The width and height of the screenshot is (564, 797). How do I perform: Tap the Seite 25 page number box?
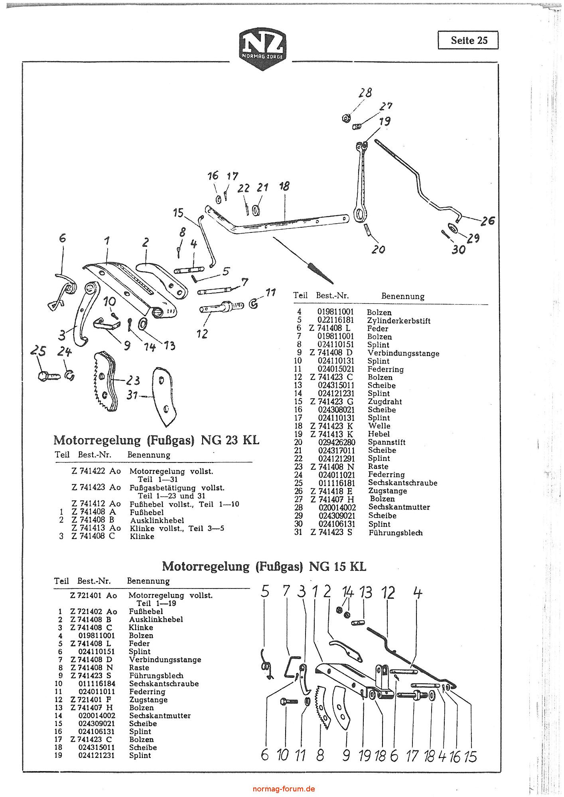(468, 40)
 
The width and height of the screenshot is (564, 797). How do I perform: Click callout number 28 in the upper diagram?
(365, 93)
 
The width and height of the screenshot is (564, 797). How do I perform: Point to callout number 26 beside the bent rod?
(487, 220)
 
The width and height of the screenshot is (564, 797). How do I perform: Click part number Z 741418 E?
(331, 491)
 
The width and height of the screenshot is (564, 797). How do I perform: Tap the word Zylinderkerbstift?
(398, 321)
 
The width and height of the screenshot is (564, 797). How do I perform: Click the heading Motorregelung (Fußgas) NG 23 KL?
(156, 440)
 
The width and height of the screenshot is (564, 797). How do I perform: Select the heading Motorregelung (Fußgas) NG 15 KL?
(264, 566)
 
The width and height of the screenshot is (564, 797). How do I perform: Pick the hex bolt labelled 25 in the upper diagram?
(47, 375)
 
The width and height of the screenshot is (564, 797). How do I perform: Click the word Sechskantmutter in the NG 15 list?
(160, 715)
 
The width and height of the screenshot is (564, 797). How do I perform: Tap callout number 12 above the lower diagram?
(388, 593)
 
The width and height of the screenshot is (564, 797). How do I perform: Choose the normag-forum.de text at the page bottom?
(284, 789)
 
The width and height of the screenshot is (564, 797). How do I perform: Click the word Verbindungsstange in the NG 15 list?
(165, 659)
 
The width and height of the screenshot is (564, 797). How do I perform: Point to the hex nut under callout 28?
(346, 118)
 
